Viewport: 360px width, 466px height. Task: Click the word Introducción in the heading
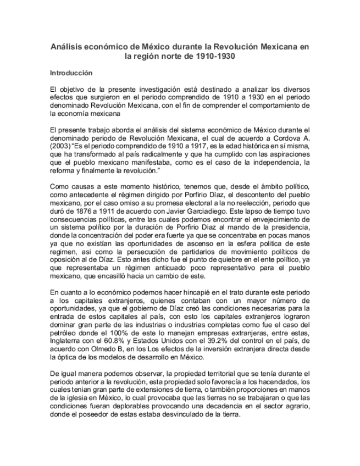click(71, 73)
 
